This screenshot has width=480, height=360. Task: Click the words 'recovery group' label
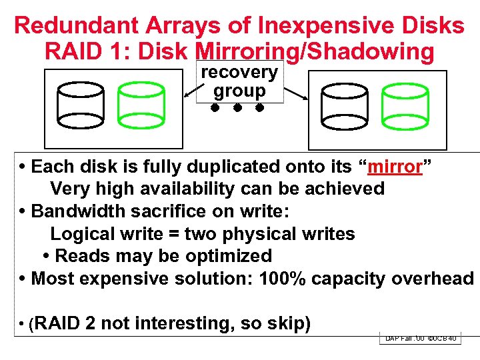point(239,81)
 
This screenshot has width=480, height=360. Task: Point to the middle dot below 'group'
point(237,107)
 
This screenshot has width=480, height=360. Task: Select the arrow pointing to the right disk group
point(295,93)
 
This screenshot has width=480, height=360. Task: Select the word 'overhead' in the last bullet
point(433,278)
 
